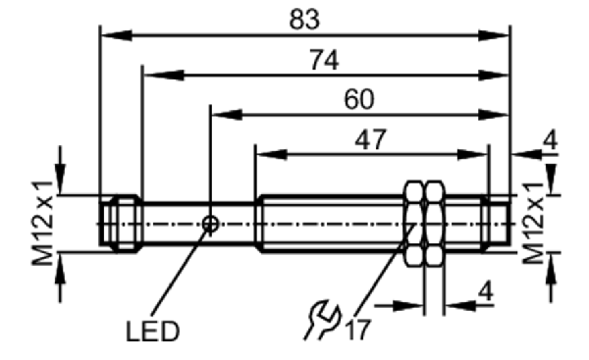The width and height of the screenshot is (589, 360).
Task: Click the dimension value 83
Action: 304,20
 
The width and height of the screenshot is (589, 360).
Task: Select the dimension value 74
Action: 324,60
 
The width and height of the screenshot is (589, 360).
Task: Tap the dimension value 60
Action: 359,99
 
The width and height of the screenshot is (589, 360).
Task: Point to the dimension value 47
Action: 370,139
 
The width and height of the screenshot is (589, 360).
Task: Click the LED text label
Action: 152,332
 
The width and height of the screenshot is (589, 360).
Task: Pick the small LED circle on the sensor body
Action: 210,224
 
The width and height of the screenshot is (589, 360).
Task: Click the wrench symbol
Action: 322,319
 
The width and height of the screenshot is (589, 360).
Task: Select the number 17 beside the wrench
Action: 358,330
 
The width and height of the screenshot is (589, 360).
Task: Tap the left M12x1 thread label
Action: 42,223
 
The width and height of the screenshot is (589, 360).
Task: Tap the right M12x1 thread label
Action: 533,223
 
